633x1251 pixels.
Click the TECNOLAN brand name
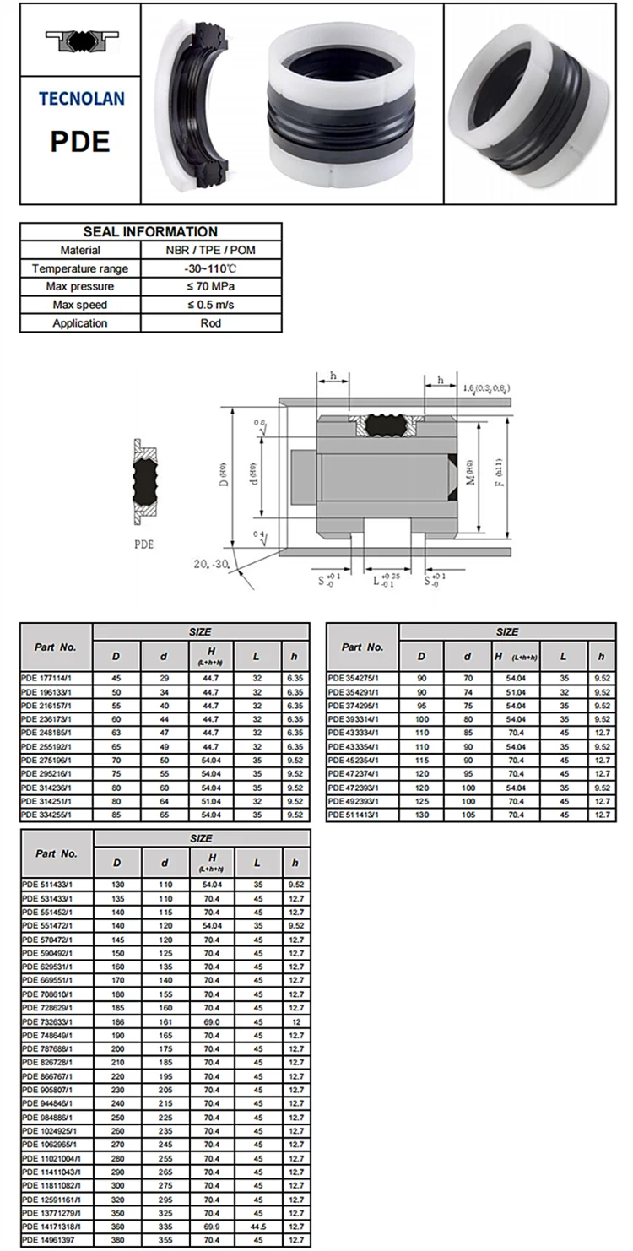coord(81,98)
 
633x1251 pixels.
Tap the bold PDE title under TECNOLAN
coord(81,140)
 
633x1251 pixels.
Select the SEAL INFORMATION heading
coord(150,231)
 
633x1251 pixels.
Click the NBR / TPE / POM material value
coord(210,250)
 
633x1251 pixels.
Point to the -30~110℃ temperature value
coord(210,268)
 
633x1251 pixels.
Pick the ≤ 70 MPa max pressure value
coord(210,287)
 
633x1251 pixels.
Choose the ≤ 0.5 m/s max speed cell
coord(210,305)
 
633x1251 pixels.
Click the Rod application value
coord(210,323)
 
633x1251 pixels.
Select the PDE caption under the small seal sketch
coord(143,544)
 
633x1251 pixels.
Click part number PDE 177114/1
coord(47,678)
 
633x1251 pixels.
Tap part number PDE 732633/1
coord(47,1021)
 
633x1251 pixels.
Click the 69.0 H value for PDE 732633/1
coord(210,1021)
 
